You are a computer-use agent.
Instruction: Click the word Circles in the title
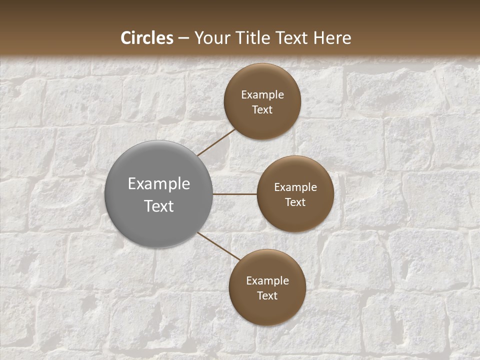coord(147,38)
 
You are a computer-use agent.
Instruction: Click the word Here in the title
coord(332,38)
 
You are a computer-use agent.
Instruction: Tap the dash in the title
coord(183,38)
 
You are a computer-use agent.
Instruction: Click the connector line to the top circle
coord(216,142)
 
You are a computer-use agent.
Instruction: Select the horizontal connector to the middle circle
coord(234,194)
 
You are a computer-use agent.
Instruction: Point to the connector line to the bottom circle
coord(218,246)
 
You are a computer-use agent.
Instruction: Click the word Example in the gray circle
coord(159,184)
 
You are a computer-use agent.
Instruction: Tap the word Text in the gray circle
coord(159,206)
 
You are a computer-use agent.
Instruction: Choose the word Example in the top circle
coord(262,95)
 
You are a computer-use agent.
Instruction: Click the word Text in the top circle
coord(262,110)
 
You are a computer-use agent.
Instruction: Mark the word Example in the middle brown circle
coord(295,187)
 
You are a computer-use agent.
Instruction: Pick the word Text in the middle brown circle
coord(295,202)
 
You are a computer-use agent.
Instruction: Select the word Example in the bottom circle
coord(267,281)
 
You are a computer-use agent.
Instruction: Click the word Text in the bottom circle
coord(267,296)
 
